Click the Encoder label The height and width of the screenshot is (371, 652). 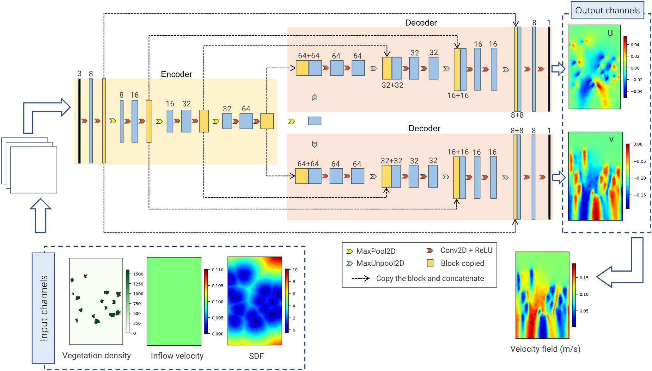[x=176, y=74]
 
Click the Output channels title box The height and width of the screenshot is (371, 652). [x=607, y=10]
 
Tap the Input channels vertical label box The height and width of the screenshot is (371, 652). [x=43, y=308]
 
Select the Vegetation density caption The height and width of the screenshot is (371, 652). [x=96, y=356]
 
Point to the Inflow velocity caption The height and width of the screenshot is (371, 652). [x=177, y=356]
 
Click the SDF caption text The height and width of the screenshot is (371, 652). [x=256, y=356]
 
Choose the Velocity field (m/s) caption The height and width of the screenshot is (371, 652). [x=545, y=349]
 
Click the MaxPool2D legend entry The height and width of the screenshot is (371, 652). [x=375, y=251]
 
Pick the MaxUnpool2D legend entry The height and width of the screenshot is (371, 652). [x=380, y=263]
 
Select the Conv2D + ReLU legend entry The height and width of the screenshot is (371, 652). [x=466, y=250]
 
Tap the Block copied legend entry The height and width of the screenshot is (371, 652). [x=462, y=263]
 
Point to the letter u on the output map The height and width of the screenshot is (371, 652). [x=610, y=33]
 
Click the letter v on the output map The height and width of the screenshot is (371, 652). [x=611, y=139]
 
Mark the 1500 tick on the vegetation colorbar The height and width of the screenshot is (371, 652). [x=138, y=274]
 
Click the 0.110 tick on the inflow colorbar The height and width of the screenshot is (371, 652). [x=217, y=270]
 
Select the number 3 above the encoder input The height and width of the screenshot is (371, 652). [x=79, y=74]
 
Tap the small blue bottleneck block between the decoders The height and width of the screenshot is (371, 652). [x=314, y=121]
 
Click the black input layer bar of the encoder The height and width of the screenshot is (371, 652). [x=79, y=121]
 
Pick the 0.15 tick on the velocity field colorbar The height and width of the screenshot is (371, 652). [x=584, y=278]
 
